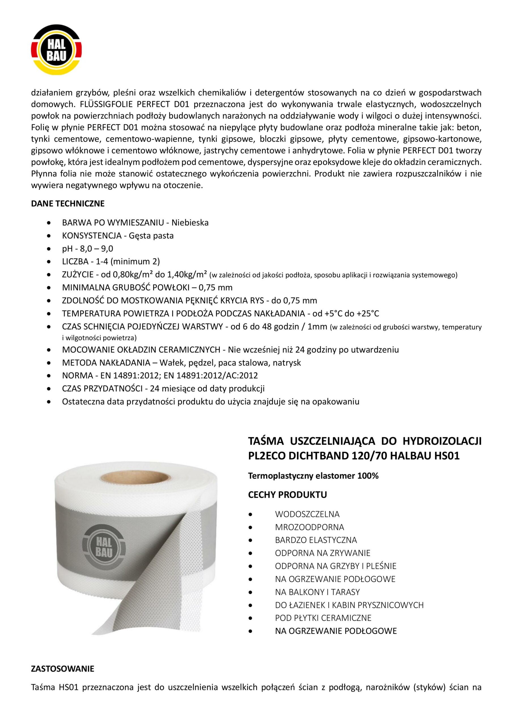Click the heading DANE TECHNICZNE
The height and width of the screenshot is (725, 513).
68,204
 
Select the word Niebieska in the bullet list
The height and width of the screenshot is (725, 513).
190,223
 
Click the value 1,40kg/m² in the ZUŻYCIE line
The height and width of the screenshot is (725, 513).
187,274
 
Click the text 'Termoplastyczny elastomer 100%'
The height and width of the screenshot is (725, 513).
313,476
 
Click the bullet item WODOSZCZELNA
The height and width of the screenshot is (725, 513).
307,514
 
